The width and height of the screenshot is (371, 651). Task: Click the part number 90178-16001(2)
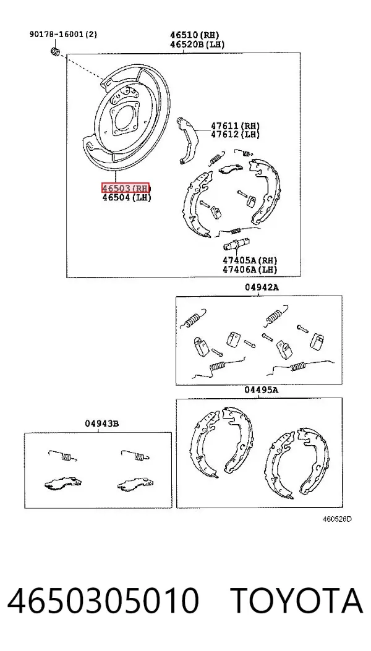click(x=63, y=35)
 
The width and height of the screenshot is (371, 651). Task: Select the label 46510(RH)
click(x=194, y=35)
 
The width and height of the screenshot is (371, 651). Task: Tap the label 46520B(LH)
click(x=197, y=45)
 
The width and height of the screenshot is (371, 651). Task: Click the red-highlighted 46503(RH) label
click(x=126, y=188)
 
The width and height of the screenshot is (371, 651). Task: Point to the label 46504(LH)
click(x=127, y=198)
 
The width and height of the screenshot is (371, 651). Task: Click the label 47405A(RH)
click(x=250, y=260)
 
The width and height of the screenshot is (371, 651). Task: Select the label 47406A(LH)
click(x=250, y=270)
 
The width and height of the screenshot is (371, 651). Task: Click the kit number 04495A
click(x=261, y=390)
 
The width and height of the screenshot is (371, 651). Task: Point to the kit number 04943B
click(x=102, y=424)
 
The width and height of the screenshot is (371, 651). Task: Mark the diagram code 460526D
click(x=338, y=519)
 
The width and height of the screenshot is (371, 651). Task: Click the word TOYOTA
click(x=297, y=600)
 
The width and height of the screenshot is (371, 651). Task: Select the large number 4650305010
click(x=103, y=600)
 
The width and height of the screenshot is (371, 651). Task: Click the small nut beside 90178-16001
click(x=55, y=51)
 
